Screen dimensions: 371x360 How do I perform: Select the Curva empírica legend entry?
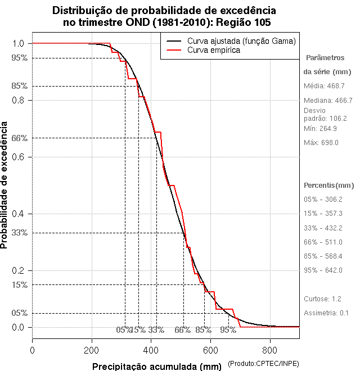(214, 50)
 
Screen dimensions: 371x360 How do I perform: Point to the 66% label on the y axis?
(20, 138)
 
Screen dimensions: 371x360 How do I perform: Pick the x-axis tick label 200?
(92, 350)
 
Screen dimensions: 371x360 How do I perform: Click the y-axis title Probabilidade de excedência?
(5, 185)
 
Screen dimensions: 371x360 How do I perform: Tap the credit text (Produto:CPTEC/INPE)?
(263, 364)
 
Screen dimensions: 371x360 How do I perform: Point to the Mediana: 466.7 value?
(328, 100)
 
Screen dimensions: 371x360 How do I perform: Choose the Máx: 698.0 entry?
(321, 143)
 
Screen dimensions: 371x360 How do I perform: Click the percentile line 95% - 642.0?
(323, 270)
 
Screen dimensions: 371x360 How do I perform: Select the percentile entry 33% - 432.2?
(323, 228)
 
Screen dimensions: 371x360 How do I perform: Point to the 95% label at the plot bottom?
(228, 330)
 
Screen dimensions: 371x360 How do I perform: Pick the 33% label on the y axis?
(20, 232)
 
